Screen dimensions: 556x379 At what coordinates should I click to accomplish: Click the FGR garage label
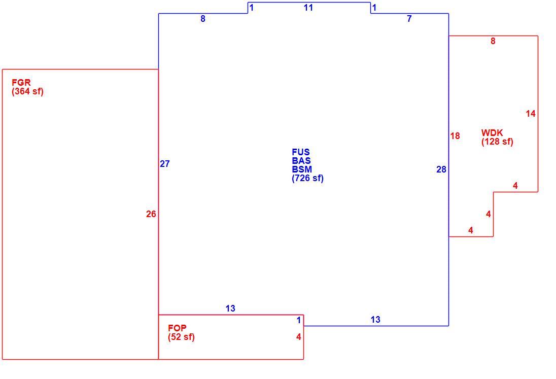pos(21,83)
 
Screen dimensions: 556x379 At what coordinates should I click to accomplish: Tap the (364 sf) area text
pos(28,91)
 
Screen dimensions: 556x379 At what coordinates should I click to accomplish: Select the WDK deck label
pos(492,133)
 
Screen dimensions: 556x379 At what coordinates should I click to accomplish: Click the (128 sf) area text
pos(497,142)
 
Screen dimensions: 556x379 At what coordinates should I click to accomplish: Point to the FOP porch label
pos(177,328)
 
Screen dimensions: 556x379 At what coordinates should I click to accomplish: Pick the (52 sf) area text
pos(181,337)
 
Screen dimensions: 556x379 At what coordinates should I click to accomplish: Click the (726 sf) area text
pos(308,178)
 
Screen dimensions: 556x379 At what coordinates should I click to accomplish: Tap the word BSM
pos(302,169)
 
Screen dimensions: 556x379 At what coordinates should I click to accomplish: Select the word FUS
pos(301,152)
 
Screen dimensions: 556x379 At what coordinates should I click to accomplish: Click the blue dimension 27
pos(165,164)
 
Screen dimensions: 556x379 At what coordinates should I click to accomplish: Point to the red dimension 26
pos(151,214)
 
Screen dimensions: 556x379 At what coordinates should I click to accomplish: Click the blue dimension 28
pos(441,169)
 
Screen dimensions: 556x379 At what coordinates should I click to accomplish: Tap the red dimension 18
pos(455,136)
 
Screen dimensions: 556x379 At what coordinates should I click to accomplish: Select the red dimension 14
pos(531,114)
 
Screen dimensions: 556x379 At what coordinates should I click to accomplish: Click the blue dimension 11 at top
pos(308,8)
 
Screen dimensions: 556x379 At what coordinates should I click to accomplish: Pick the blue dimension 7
pos(409,19)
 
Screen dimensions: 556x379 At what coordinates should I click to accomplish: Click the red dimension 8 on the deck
pos(493,41)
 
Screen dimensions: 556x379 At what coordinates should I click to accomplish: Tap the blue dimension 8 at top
pos(203,19)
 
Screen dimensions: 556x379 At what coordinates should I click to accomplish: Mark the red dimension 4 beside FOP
pos(299,337)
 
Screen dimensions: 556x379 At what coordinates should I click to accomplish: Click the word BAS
pos(301,161)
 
